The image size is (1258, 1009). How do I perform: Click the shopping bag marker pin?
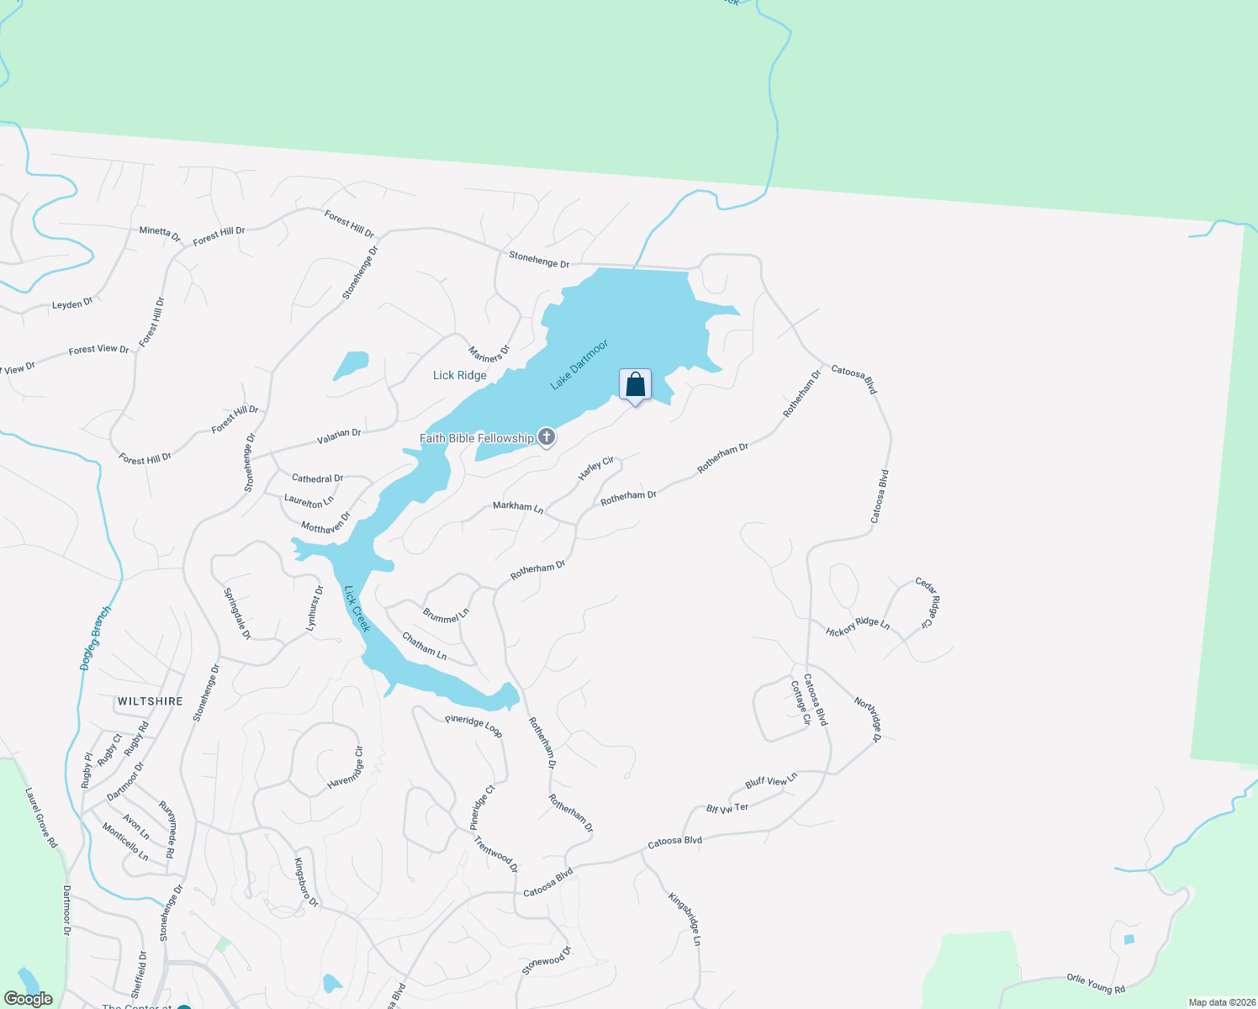(x=636, y=385)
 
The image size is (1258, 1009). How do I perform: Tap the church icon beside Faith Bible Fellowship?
(x=547, y=437)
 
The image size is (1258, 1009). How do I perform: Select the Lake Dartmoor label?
(x=579, y=365)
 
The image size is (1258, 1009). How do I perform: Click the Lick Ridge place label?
(x=459, y=375)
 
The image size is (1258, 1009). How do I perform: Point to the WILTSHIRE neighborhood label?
(x=151, y=701)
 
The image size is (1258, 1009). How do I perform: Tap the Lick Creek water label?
(x=357, y=609)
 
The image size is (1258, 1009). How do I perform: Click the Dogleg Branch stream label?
(x=95, y=638)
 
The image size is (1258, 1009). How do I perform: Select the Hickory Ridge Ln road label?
(x=858, y=627)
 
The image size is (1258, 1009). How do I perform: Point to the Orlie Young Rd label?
(x=1096, y=983)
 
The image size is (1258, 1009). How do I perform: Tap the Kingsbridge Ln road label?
(x=684, y=919)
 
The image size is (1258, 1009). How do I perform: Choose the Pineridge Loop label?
(x=473, y=726)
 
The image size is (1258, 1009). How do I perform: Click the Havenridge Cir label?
(x=346, y=768)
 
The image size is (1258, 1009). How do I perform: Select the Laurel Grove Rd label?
(x=41, y=817)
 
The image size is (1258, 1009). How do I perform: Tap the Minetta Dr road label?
(x=160, y=233)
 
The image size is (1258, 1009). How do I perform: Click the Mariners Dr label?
(x=489, y=353)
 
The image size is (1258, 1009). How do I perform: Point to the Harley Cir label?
(x=596, y=469)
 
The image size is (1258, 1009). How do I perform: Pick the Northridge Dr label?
(x=868, y=719)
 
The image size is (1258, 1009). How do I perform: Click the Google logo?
(x=29, y=999)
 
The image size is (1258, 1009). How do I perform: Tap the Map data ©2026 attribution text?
(x=1219, y=1002)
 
